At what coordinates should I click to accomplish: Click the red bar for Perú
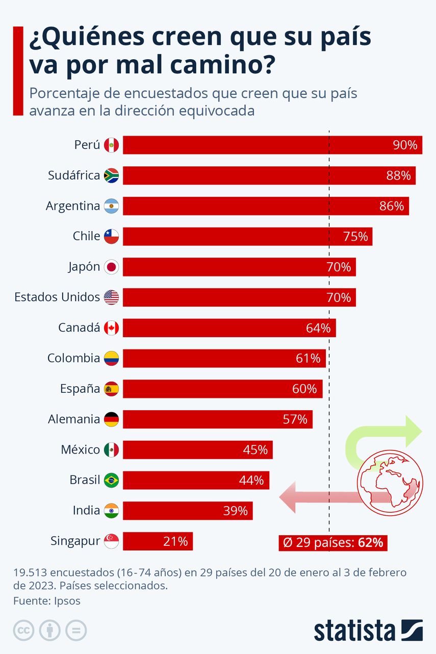coord(255,145)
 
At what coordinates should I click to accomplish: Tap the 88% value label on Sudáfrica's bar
coord(398,175)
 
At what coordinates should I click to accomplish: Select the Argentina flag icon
coord(111,206)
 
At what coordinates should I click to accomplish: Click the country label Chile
coord(86,236)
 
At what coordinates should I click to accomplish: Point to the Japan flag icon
coord(111,267)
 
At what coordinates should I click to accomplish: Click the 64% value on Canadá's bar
coord(318,328)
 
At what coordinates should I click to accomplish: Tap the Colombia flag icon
coord(111,358)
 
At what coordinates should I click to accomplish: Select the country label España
coord(80,389)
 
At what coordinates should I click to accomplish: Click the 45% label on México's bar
coord(255,450)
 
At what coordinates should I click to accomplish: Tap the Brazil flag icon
coord(111,480)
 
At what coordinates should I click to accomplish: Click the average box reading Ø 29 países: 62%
coord(333,542)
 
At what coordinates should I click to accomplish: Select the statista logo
coord(368,630)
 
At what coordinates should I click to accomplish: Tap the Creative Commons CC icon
coord(23,630)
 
